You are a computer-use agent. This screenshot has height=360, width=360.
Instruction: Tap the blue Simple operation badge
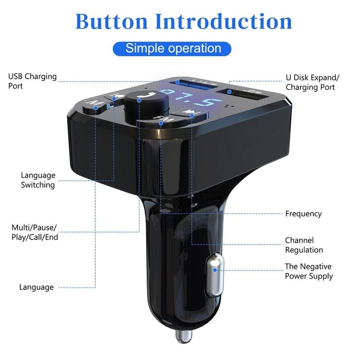click(173, 48)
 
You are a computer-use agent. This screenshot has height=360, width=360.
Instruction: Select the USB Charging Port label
click(32, 81)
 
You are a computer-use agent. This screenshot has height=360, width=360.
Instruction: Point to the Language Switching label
click(38, 180)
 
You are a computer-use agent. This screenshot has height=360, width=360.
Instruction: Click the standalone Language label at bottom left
click(36, 287)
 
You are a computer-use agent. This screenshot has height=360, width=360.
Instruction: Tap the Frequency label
click(303, 214)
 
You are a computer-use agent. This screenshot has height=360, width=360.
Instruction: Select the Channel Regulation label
click(304, 245)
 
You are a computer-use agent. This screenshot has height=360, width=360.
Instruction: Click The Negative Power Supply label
click(309, 271)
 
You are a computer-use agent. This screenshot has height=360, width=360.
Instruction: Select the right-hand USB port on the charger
click(245, 96)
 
